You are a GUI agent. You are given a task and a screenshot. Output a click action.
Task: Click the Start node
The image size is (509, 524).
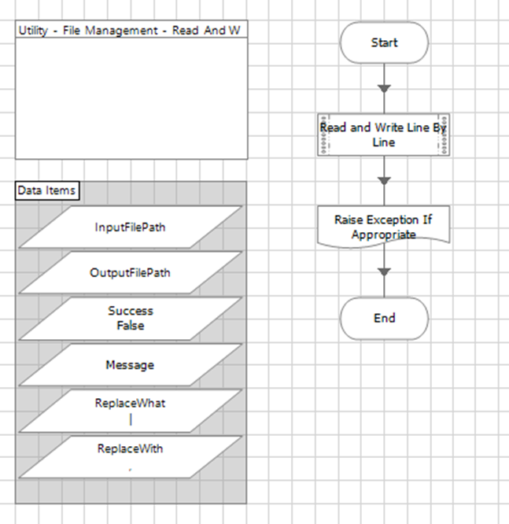[384, 42]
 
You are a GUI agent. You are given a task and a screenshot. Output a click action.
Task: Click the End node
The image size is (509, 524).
[384, 319]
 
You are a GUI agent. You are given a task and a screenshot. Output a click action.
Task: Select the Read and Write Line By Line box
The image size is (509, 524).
[384, 135]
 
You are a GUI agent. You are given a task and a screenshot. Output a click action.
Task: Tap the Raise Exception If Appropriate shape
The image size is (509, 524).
[384, 227]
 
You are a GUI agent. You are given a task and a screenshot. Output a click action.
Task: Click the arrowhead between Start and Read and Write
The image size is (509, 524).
[384, 88]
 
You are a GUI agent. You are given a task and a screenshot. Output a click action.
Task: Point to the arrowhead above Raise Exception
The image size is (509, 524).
[384, 181]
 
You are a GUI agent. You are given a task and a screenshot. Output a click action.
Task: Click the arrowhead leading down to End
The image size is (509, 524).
[384, 272]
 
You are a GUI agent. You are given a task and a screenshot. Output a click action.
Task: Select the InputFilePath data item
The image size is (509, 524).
[130, 227]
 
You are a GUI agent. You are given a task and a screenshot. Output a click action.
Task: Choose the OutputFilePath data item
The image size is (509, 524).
[130, 273]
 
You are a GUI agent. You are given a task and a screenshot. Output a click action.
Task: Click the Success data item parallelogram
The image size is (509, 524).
[130, 318]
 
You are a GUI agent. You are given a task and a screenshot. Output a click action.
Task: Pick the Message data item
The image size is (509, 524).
[130, 365]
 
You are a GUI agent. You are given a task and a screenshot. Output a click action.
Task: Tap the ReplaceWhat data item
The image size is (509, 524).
[130, 410]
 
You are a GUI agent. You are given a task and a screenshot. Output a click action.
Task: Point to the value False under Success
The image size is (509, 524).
[131, 325]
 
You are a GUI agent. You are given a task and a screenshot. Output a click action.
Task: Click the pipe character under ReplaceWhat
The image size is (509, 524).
[131, 419]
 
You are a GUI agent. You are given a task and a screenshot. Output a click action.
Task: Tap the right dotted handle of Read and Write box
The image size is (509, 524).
[444, 135]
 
